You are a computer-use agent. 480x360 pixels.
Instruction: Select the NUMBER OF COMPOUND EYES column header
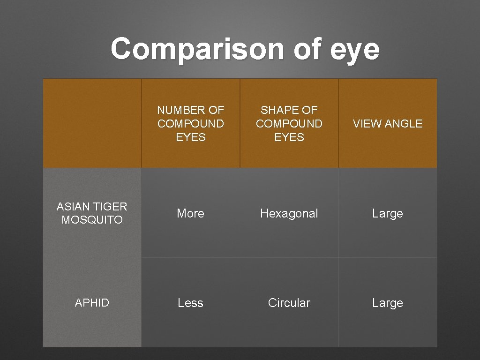[x=190, y=124]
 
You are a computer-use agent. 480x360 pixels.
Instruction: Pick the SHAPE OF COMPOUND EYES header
[x=289, y=124]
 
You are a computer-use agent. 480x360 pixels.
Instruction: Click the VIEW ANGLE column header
[x=388, y=124]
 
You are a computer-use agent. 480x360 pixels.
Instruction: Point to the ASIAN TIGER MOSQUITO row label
[x=92, y=213]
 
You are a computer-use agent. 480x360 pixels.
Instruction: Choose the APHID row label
[x=92, y=303]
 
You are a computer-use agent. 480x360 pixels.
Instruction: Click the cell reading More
[x=190, y=213]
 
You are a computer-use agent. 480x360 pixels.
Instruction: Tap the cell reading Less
[x=190, y=303]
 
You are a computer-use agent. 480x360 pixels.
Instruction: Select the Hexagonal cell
[x=289, y=213]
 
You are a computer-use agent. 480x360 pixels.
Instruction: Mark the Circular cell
[x=289, y=303]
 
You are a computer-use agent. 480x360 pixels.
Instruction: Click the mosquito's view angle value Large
[x=388, y=213]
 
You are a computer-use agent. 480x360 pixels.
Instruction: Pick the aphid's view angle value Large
[x=388, y=303]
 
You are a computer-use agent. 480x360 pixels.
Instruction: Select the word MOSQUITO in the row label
[x=92, y=220]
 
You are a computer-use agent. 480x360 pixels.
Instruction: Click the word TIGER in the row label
[x=111, y=206]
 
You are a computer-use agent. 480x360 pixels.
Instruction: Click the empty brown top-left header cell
[x=92, y=123]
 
